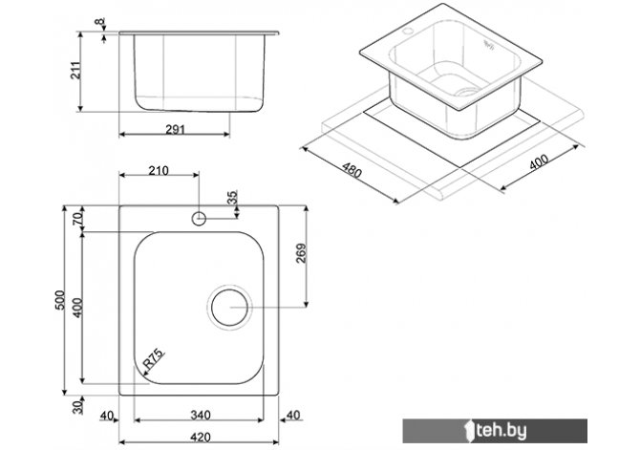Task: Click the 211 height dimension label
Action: [x=76, y=70]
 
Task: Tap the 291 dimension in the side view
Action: [x=175, y=129]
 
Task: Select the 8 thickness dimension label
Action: [x=99, y=22]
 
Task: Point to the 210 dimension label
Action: [x=158, y=170]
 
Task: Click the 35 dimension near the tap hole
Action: [x=232, y=197]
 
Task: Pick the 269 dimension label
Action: [x=301, y=253]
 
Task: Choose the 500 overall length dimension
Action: [x=60, y=300]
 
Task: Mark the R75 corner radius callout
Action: [x=153, y=359]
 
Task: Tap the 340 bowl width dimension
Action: [x=201, y=416]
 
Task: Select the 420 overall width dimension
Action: [x=201, y=438]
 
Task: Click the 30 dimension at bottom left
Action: [x=77, y=407]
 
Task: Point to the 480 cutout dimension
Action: [x=352, y=170]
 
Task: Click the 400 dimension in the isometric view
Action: [x=539, y=161]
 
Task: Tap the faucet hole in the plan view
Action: [x=199, y=219]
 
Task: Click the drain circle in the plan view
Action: [x=229, y=308]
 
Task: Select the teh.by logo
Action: [x=495, y=431]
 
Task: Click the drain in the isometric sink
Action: [x=465, y=91]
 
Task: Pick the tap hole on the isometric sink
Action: [x=407, y=31]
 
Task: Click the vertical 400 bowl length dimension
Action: [x=77, y=308]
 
